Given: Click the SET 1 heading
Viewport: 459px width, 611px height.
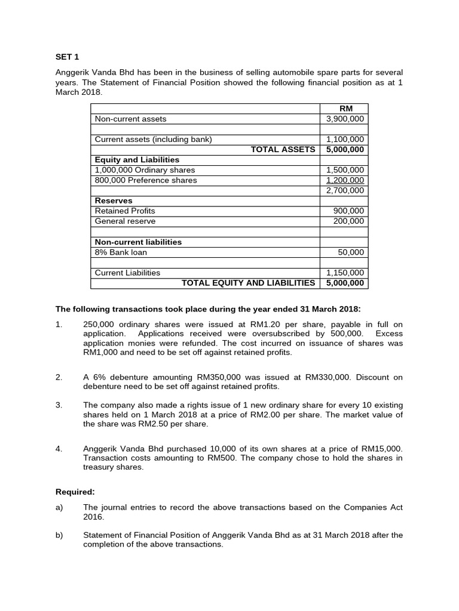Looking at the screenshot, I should coord(67,57).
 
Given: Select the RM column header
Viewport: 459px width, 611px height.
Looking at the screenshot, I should coord(345,109).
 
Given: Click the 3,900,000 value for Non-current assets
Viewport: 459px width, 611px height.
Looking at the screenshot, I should coord(345,119).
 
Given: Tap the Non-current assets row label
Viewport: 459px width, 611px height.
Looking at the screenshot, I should coord(131,119).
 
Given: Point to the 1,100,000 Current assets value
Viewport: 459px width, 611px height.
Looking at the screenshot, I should coord(345,140).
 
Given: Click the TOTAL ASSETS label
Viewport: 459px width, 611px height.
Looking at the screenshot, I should coord(283,150).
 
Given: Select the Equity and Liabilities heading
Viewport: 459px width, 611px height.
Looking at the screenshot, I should coord(137,160).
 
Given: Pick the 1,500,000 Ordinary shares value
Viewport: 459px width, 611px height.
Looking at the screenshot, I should coord(345,170).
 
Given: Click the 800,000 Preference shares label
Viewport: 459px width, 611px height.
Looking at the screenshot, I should coord(146,180).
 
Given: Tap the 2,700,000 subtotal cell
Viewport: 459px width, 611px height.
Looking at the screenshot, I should coord(345,190).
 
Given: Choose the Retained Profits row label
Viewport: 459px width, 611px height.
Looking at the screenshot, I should coord(125,211).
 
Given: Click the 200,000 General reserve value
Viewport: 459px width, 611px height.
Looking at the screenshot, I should coord(348,221).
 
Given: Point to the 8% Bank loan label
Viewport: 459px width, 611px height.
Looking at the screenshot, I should coord(121,252).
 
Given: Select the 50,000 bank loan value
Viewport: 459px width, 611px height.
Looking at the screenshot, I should coord(351,252).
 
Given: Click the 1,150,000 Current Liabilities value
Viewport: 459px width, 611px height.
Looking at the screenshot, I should coord(345,273).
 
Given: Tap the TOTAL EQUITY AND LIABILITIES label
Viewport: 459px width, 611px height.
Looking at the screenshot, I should coord(248,283).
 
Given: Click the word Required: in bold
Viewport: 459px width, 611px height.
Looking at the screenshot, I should coord(75,492).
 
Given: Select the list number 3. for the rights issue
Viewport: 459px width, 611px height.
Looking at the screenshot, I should coord(59,405).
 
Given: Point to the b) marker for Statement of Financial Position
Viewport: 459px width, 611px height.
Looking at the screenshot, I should coord(59,535).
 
